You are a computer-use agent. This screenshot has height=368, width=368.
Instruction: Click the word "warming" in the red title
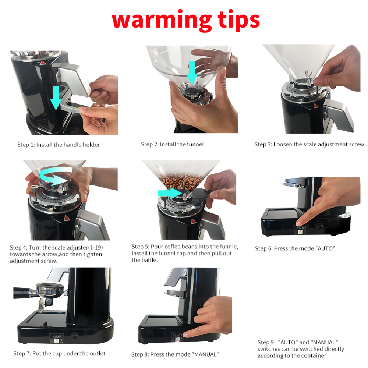click(162, 20)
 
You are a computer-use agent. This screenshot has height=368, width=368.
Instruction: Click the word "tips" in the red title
click(239, 20)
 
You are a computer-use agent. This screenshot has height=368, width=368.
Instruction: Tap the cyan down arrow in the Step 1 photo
click(56, 98)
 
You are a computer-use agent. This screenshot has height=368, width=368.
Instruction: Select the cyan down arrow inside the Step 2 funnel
click(192, 73)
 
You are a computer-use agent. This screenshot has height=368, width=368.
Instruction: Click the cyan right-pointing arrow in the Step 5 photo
click(169, 193)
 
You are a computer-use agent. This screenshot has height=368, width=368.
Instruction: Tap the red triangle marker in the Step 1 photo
click(42, 63)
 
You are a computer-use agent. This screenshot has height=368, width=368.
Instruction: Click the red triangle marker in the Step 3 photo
click(316, 106)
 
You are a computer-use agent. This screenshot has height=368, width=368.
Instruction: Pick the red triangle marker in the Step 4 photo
click(67, 218)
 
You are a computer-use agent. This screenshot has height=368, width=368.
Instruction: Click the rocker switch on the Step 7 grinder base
click(57, 337)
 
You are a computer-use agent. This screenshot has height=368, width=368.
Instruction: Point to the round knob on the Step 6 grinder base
click(319, 227)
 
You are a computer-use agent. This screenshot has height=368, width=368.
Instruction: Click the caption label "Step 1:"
click(26, 145)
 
